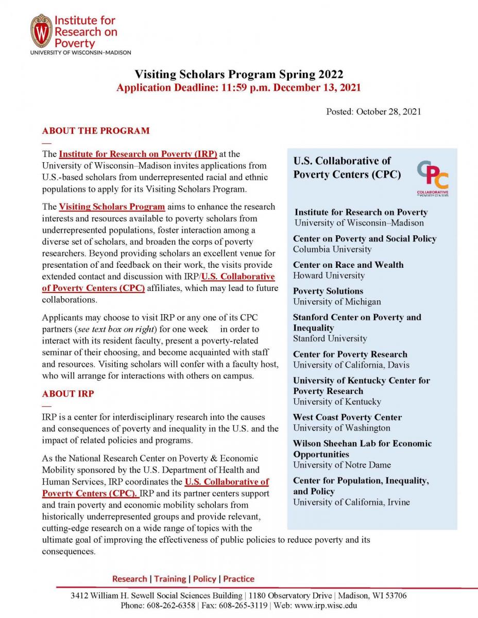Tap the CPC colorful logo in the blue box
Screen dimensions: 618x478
pyautogui.click(x=432, y=177)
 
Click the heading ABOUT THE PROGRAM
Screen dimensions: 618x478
pyautogui.click(x=96, y=130)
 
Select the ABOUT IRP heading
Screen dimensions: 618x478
pyautogui.click(x=68, y=393)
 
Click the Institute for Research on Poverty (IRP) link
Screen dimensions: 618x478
pyautogui.click(x=138, y=153)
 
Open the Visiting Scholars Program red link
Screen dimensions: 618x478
pyautogui.click(x=112, y=207)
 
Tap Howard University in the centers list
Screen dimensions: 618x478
pyautogui.click(x=329, y=276)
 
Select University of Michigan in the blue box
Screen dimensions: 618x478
pyautogui.click(x=337, y=302)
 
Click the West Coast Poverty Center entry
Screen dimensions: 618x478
pyautogui.click(x=347, y=417)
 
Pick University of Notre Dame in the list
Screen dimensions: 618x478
pyautogui.click(x=342, y=465)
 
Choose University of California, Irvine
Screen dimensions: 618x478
pyautogui.click(x=351, y=502)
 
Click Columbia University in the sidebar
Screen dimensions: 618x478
pyautogui.click(x=332, y=249)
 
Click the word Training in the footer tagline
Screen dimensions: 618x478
pyautogui.click(x=170, y=579)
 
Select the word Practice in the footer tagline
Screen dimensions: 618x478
pyautogui.click(x=238, y=579)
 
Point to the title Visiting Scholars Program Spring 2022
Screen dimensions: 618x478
pyautogui.click(x=238, y=75)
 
